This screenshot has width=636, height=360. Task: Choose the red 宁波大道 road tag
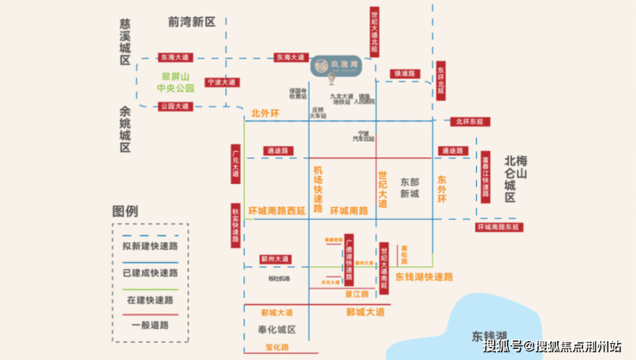point(219,83)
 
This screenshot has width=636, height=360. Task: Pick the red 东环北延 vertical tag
point(440,81)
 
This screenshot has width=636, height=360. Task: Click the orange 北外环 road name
point(266,113)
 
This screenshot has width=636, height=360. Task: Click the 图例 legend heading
point(125,211)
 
